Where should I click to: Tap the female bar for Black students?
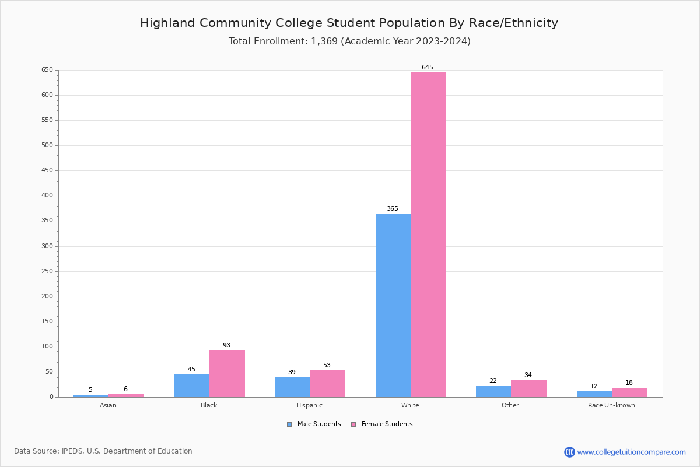[227, 374]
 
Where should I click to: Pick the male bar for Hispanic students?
[292, 387]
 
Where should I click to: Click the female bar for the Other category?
[528, 389]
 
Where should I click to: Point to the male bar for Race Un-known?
[594, 394]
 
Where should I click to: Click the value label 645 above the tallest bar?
[428, 68]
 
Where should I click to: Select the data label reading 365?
[393, 209]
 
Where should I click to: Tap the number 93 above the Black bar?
[226, 346]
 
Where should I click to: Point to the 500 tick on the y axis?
[47, 145]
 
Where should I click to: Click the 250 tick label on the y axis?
[47, 271]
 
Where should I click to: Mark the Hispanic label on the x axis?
[309, 406]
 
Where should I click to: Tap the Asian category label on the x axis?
[108, 406]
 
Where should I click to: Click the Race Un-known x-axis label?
[611, 406]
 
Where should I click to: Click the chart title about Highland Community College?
[349, 23]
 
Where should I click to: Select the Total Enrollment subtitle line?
[349, 41]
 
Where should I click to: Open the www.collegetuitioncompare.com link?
[631, 452]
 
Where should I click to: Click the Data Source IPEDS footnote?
[103, 451]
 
